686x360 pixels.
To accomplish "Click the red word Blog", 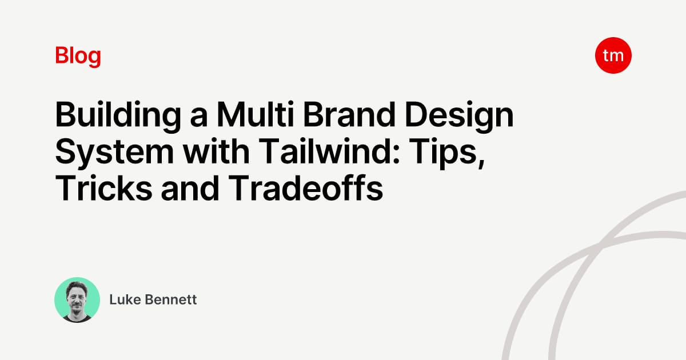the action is pos(78,56).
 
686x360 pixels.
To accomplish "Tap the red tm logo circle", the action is pos(613,55).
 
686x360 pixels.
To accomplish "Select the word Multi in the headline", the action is pos(256,114).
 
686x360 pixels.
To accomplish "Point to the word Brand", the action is pos(349,114).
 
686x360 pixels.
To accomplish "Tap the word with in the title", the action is pos(216,151).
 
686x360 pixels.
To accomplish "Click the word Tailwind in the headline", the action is pos(325,151).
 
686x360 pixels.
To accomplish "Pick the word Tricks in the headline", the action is pos(103,187).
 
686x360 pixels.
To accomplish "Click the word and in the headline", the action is pos(190,187).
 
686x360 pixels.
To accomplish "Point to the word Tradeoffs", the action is pos(306,187).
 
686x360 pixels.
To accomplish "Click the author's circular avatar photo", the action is pos(77,300).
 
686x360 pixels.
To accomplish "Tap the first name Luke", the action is pos(125,299).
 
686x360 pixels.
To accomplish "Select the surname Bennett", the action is pos(170,299).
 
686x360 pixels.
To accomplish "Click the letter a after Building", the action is pos(199,118).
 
